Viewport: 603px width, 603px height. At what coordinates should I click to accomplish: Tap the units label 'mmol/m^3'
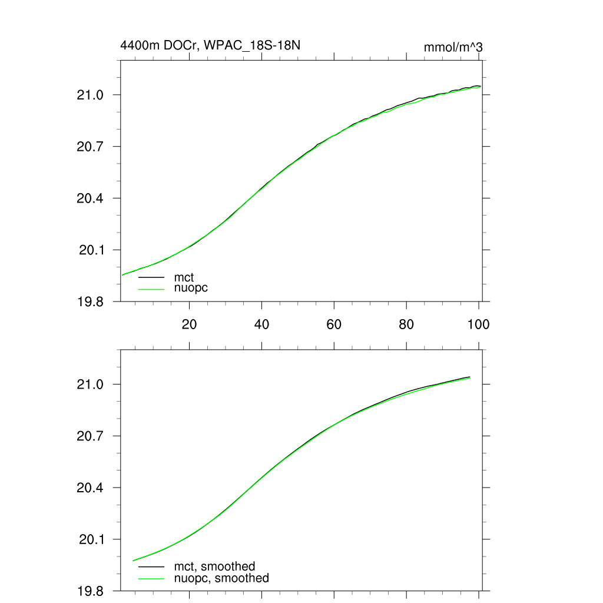click(453, 47)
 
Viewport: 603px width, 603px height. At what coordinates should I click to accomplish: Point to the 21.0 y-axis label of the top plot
click(91, 95)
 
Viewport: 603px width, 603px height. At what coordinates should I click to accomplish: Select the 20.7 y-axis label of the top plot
click(91, 147)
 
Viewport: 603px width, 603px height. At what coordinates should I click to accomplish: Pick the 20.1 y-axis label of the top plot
click(91, 250)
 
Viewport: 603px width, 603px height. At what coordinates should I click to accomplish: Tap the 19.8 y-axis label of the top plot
click(91, 301)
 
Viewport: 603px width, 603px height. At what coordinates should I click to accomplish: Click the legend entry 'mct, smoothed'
click(214, 566)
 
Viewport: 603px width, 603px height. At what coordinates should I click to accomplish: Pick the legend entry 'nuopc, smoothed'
click(221, 578)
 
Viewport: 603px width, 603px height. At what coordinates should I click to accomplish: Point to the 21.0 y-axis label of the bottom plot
click(91, 385)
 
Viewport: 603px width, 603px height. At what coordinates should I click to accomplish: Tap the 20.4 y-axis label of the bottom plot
click(91, 488)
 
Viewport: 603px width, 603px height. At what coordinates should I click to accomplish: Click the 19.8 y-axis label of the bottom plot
click(91, 591)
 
